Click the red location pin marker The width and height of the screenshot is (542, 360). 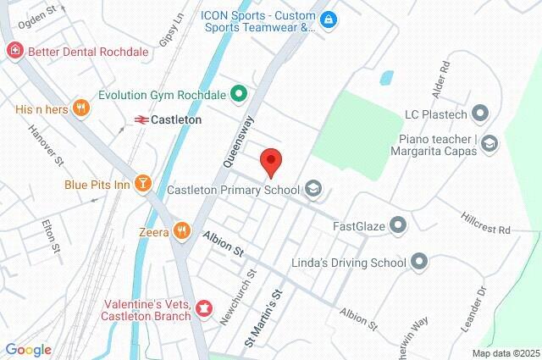(x=270, y=161)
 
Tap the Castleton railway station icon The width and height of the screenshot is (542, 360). (x=141, y=120)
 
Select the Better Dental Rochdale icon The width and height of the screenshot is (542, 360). (x=14, y=52)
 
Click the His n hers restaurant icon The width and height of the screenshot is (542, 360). (x=81, y=108)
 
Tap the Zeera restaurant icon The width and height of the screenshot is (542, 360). (x=181, y=230)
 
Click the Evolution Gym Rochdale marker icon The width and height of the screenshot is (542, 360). (x=239, y=94)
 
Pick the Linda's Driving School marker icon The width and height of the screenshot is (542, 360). (x=419, y=263)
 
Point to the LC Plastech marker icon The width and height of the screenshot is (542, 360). (x=480, y=113)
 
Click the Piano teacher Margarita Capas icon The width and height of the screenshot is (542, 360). (x=489, y=145)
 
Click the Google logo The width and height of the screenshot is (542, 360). (x=28, y=350)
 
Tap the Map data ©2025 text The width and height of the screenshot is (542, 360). (x=505, y=353)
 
